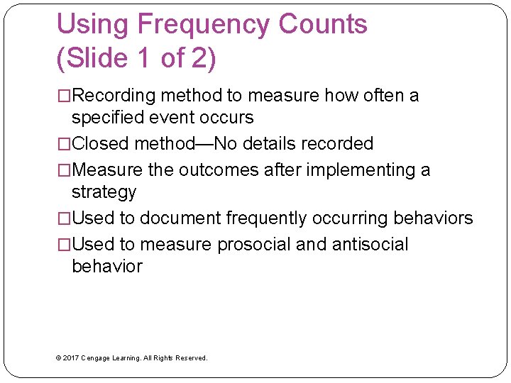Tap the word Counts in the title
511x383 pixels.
323,25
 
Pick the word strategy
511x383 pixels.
104,192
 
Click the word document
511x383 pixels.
180,218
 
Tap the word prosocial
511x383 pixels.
253,245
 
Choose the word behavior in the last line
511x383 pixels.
107,267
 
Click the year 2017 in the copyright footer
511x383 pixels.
70,358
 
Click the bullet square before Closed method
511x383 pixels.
64,144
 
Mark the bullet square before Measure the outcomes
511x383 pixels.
64,170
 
